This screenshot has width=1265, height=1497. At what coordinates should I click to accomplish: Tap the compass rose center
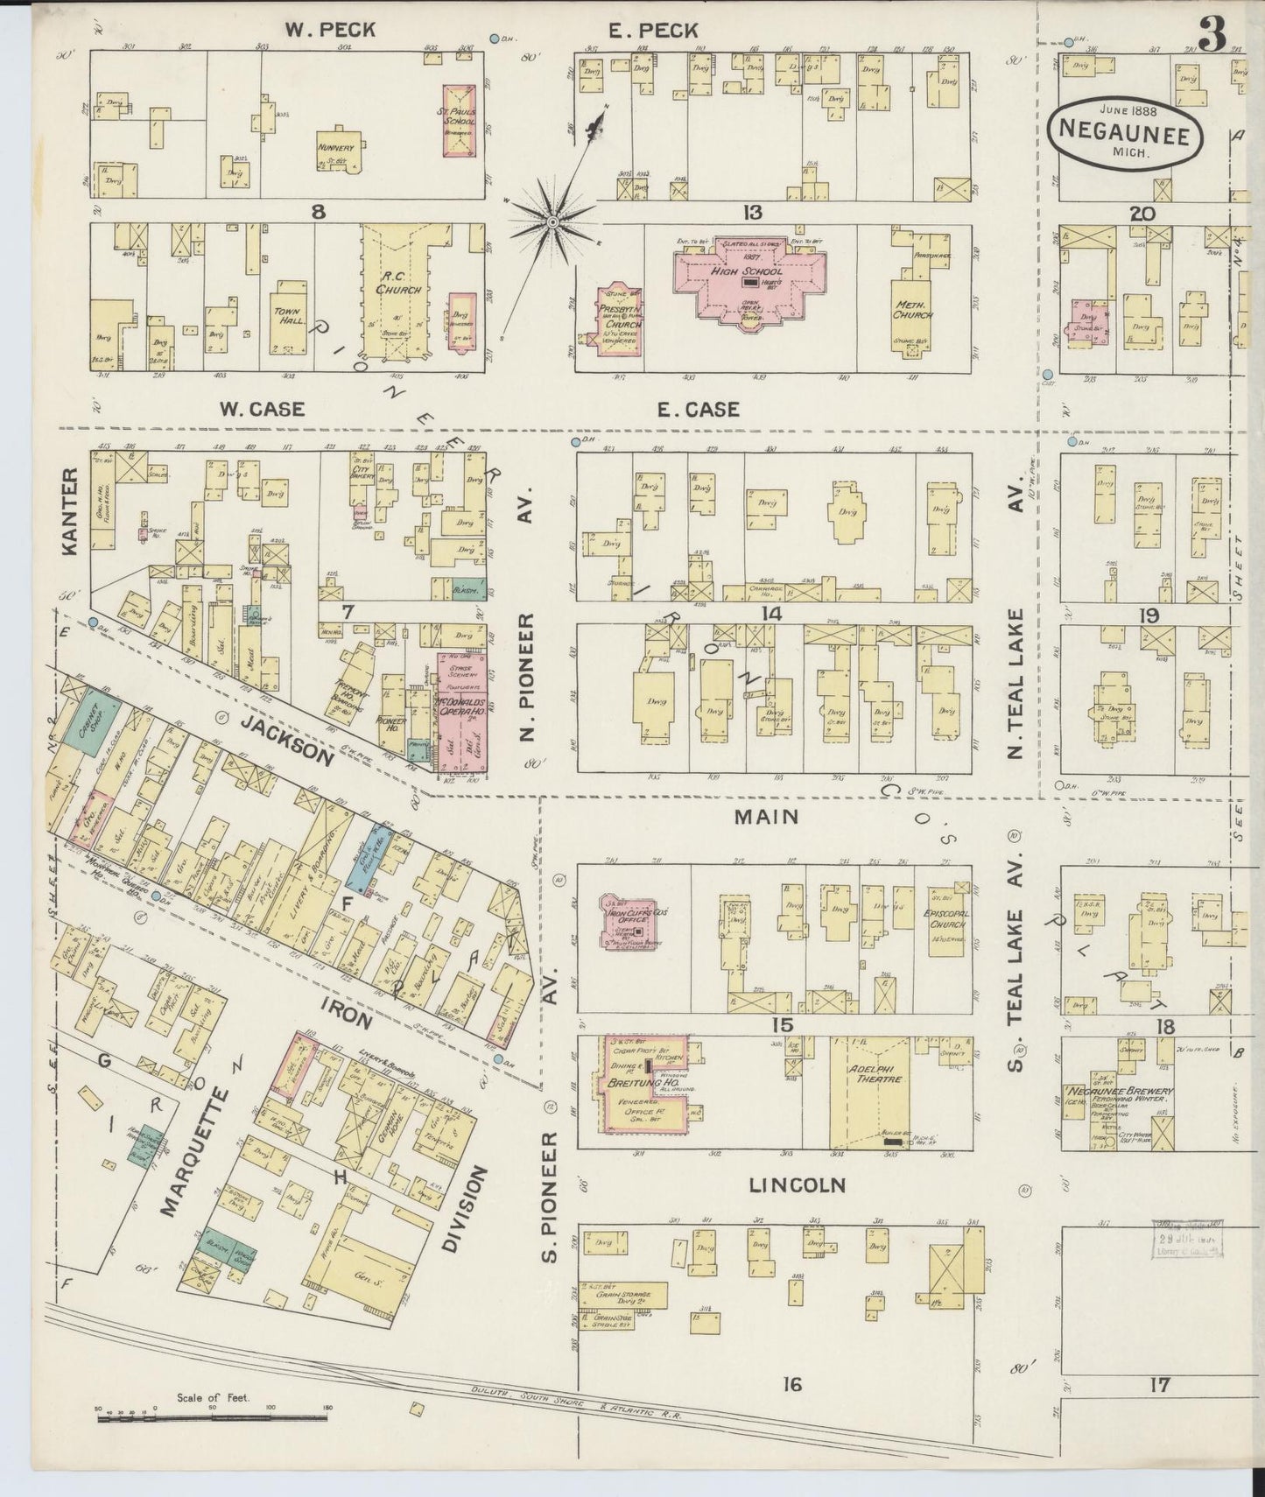click(x=553, y=223)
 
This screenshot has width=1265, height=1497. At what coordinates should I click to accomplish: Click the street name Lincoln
click(x=797, y=1185)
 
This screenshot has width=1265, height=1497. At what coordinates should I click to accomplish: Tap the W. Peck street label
click(x=329, y=31)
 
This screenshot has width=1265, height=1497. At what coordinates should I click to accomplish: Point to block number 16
click(x=792, y=1385)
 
